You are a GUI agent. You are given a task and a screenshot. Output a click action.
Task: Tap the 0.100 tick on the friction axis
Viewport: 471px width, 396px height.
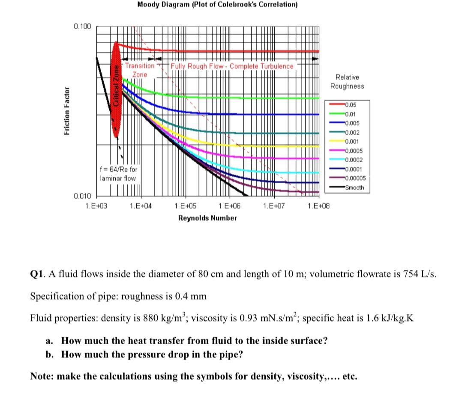82,27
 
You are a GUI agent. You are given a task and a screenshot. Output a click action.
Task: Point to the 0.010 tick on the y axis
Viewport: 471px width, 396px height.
82,196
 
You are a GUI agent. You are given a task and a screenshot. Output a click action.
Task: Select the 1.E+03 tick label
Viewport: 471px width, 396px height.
96,206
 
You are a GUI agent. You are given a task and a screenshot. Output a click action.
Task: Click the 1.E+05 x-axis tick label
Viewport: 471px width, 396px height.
185,206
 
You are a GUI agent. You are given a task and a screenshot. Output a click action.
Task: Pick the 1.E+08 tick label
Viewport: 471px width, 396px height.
319,206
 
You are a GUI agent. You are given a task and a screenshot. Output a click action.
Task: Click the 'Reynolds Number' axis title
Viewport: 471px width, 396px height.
207,218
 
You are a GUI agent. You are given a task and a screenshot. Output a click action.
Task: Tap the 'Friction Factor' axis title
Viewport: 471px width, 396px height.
66,112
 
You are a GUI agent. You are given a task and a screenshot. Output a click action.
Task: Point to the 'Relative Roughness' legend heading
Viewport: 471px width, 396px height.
347,81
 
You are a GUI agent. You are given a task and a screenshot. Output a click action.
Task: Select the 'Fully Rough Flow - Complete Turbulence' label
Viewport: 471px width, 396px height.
232,66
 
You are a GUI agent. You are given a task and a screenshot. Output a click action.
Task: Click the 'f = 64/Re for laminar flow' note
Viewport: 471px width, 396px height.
118,174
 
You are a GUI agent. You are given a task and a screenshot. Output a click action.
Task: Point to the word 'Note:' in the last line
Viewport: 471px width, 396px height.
42,376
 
